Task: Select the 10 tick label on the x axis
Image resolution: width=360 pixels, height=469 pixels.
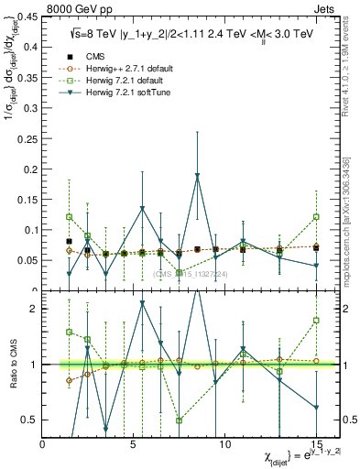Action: [224, 445]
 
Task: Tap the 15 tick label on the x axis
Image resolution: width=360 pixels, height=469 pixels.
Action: [315, 445]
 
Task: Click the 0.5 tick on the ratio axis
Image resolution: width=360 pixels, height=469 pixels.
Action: [29, 420]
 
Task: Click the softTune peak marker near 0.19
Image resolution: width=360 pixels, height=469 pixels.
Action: [197, 176]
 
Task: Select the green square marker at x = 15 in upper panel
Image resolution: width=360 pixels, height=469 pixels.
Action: [315, 217]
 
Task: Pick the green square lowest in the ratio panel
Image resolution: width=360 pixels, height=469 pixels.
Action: [179, 420]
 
